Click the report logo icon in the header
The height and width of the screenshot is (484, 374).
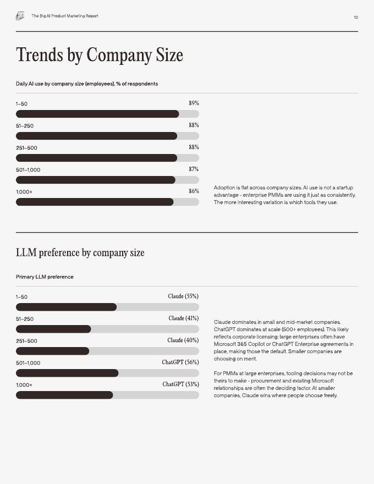[x=20, y=16]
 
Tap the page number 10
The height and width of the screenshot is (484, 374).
[x=356, y=17]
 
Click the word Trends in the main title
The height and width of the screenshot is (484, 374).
[x=39, y=54]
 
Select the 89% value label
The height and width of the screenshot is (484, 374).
[x=194, y=103]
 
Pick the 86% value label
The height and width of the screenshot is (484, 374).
[x=194, y=191]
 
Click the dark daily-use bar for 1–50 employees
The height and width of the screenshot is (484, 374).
[x=97, y=114]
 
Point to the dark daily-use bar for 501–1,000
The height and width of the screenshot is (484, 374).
[x=95, y=180]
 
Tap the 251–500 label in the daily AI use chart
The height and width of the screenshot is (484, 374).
[x=26, y=148]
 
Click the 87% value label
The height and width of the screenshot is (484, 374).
[x=194, y=169]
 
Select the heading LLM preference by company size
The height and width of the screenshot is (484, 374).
[x=80, y=252]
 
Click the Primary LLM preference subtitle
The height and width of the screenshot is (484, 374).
[x=45, y=277]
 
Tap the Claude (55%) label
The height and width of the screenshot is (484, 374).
[x=183, y=296]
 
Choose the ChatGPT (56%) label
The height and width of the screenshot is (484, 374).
[x=180, y=362]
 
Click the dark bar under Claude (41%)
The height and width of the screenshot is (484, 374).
[x=53, y=329]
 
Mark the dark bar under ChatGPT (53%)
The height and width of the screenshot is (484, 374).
[x=64, y=395]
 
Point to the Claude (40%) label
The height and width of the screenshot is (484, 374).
[x=183, y=340]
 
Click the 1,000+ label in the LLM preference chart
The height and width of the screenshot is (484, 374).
[x=24, y=385]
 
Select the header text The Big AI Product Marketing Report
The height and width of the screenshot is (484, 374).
[x=65, y=16]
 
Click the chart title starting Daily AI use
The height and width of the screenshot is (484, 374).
[x=87, y=84]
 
